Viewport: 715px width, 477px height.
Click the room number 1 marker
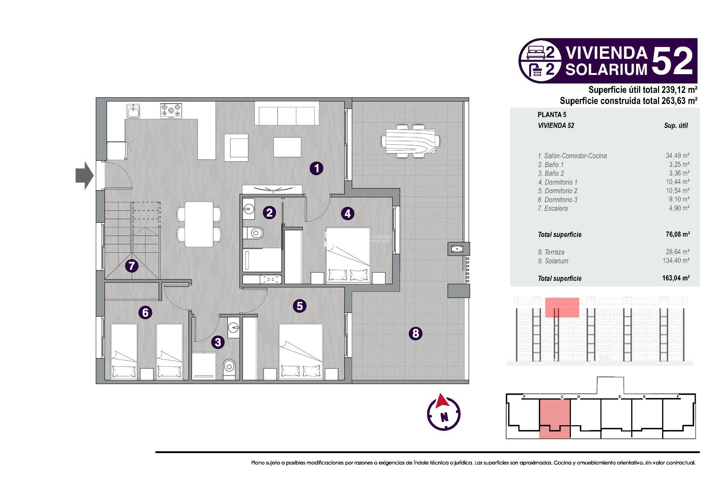[x=317, y=168]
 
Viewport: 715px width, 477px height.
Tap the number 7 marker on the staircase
[x=131, y=266]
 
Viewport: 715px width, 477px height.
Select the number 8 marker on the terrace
[x=416, y=333]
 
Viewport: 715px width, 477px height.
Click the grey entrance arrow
[x=85, y=176]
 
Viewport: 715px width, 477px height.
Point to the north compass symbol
[x=444, y=413]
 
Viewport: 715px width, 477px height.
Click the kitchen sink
[x=133, y=111]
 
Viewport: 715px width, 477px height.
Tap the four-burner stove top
[x=171, y=111]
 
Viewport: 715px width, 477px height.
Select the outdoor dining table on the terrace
[x=410, y=142]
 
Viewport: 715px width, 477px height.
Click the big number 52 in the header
[x=673, y=61]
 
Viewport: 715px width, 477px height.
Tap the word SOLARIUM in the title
[x=607, y=69]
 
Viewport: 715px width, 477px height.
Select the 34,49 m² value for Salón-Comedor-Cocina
[x=677, y=156]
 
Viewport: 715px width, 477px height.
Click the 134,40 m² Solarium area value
[x=676, y=261]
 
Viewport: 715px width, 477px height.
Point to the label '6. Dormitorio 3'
[x=557, y=200]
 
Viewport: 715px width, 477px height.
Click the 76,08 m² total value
[x=677, y=234]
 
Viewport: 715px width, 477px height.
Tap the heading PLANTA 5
[x=552, y=115]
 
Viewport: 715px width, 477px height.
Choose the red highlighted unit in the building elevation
[x=562, y=307]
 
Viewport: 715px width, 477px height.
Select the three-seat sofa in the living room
[x=287, y=116]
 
